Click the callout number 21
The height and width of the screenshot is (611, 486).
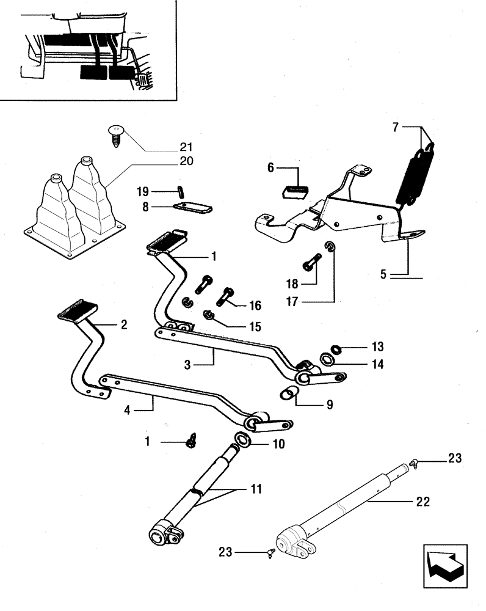(x=186, y=147)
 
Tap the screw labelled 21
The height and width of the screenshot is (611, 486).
(x=115, y=134)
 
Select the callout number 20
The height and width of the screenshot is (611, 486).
(x=186, y=161)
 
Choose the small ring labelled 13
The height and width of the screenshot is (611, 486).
(x=335, y=349)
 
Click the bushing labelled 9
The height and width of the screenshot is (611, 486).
(x=286, y=395)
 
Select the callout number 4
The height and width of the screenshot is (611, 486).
(x=127, y=411)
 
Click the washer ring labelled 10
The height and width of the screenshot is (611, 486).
(x=242, y=440)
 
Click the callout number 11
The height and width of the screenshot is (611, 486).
(x=255, y=489)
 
